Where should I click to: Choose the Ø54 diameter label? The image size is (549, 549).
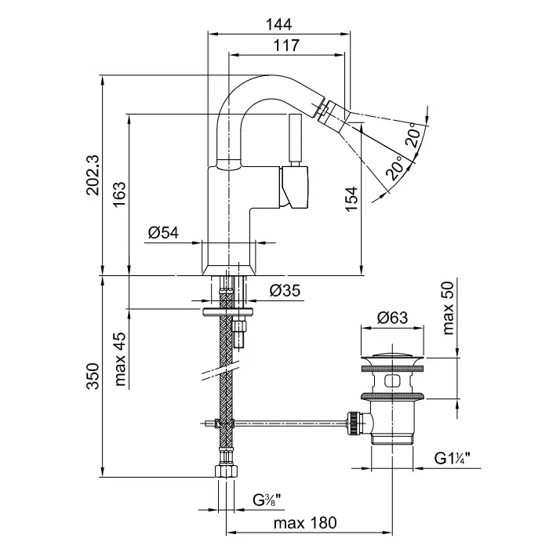click(163, 233)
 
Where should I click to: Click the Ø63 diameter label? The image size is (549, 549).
click(392, 318)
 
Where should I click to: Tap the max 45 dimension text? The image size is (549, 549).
click(118, 360)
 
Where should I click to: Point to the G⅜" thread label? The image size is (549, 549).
click(267, 500)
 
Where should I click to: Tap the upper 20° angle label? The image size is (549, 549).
click(413, 138)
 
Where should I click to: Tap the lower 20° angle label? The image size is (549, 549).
click(398, 166)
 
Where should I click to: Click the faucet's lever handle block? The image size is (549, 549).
click(296, 188)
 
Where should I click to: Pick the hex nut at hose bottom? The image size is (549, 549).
click(226, 472)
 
